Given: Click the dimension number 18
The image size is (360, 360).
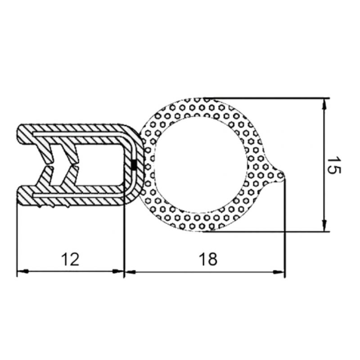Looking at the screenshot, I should (x=207, y=259).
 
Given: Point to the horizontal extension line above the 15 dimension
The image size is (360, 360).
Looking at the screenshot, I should (x=270, y=98).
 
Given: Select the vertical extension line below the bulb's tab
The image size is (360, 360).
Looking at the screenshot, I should (x=285, y=225).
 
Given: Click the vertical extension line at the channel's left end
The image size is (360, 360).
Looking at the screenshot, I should (x=17, y=238).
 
